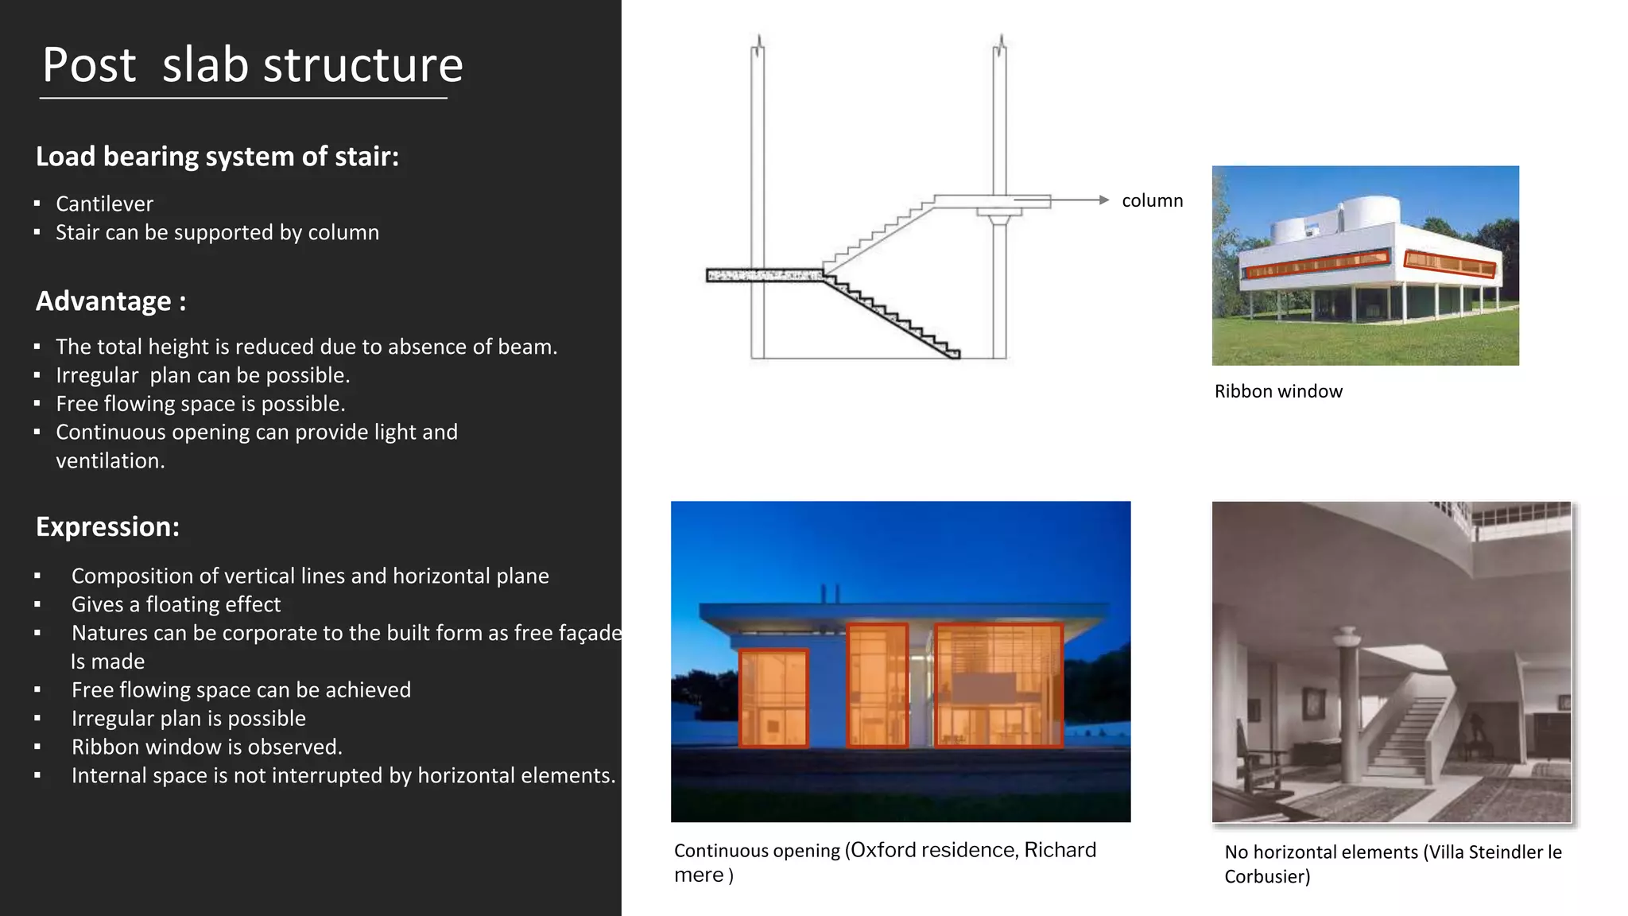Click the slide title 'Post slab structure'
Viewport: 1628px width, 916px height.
click(252, 65)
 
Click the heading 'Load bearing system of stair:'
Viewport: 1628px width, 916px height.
click(217, 157)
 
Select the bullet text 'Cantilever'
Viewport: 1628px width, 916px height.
click(104, 204)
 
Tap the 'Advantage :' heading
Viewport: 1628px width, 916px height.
click(110, 301)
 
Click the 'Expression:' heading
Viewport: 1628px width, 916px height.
click(107, 527)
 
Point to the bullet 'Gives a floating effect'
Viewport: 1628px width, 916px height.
click(176, 605)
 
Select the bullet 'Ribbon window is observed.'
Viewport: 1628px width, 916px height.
click(207, 747)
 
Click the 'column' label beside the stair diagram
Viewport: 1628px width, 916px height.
click(1152, 201)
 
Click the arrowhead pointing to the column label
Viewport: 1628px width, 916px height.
click(1103, 200)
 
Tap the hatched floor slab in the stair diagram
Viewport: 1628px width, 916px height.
click(763, 275)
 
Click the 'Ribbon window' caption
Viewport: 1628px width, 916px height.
click(1277, 391)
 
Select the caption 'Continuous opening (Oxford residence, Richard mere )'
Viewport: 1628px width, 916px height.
click(884, 862)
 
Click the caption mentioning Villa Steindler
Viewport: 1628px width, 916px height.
click(1392, 864)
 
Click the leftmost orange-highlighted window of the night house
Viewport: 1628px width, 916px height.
click(773, 698)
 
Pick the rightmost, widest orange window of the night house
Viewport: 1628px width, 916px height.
click(998, 685)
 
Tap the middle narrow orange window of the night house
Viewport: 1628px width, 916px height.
click(877, 685)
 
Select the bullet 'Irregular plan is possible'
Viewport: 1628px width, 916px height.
click(188, 719)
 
